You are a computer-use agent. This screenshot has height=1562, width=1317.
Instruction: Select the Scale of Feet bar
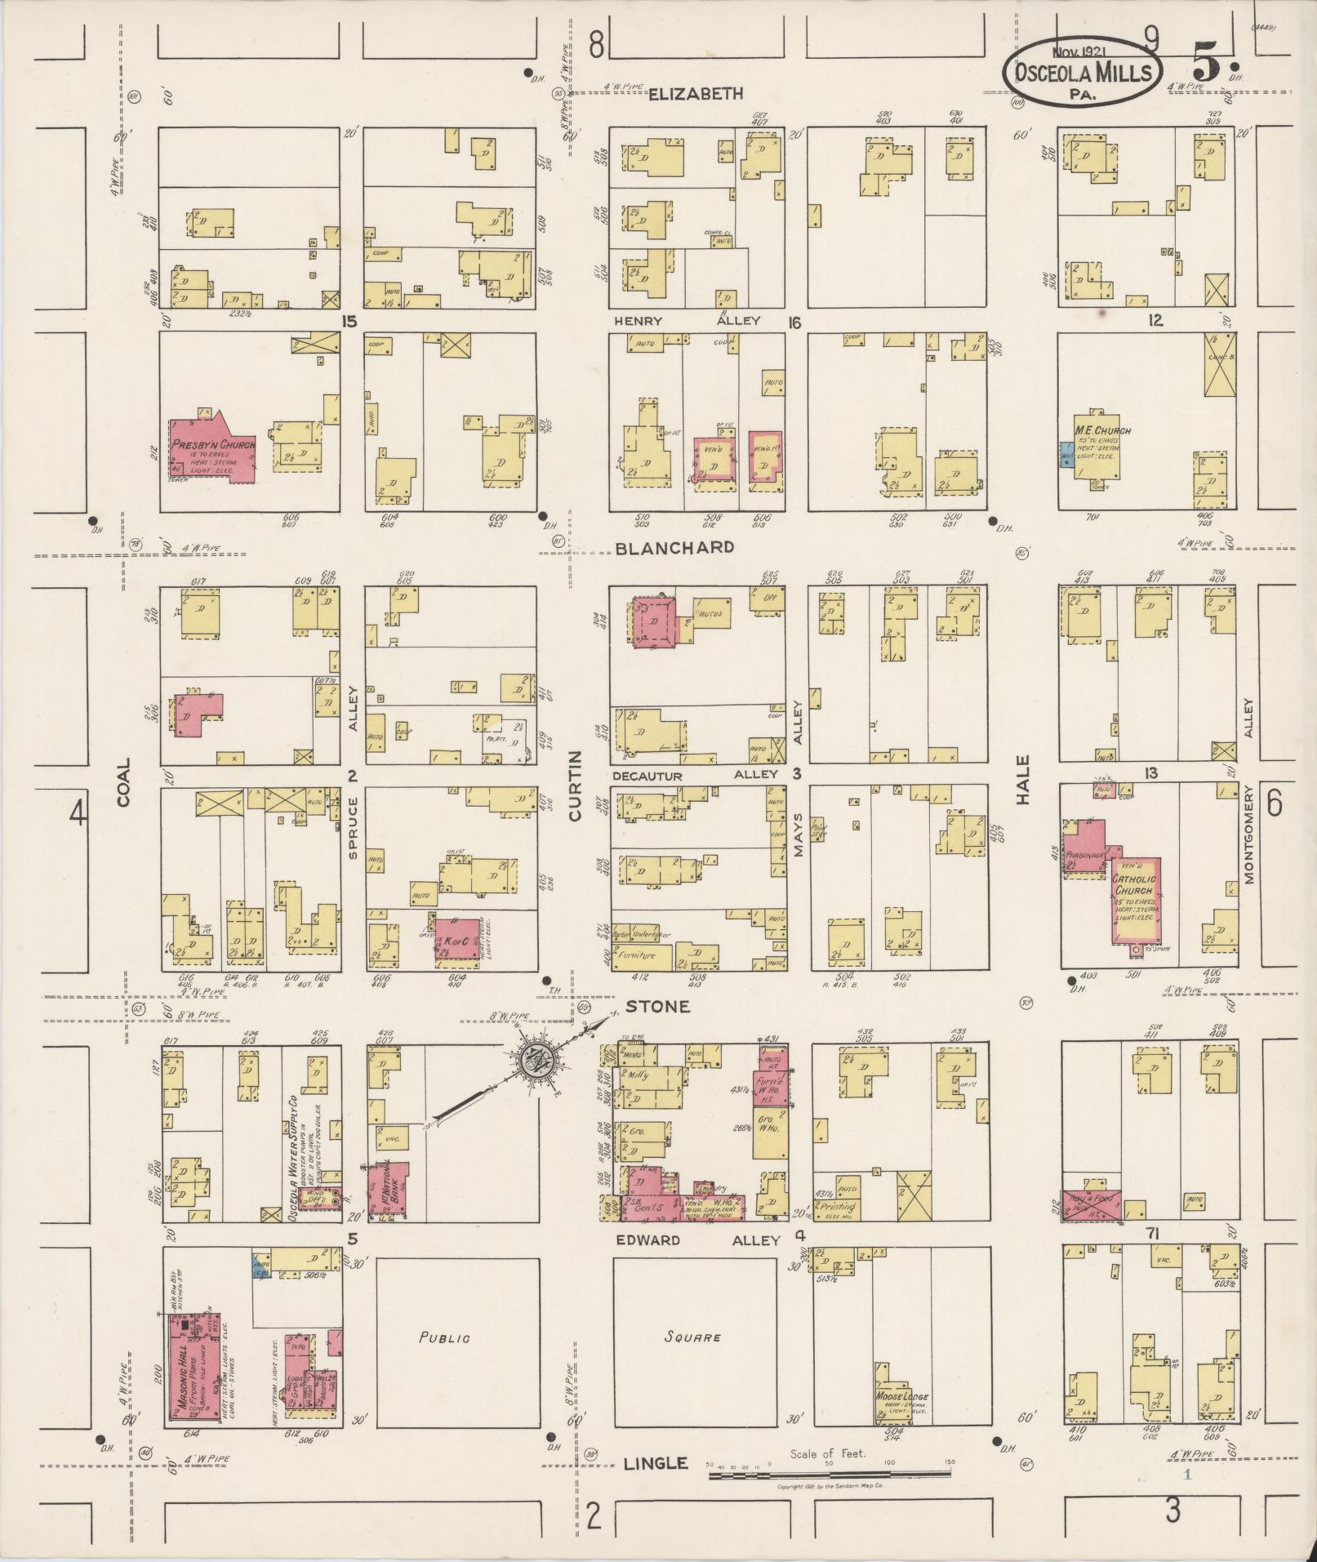click(x=829, y=1474)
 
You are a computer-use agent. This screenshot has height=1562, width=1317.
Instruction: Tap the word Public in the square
click(x=444, y=1337)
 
